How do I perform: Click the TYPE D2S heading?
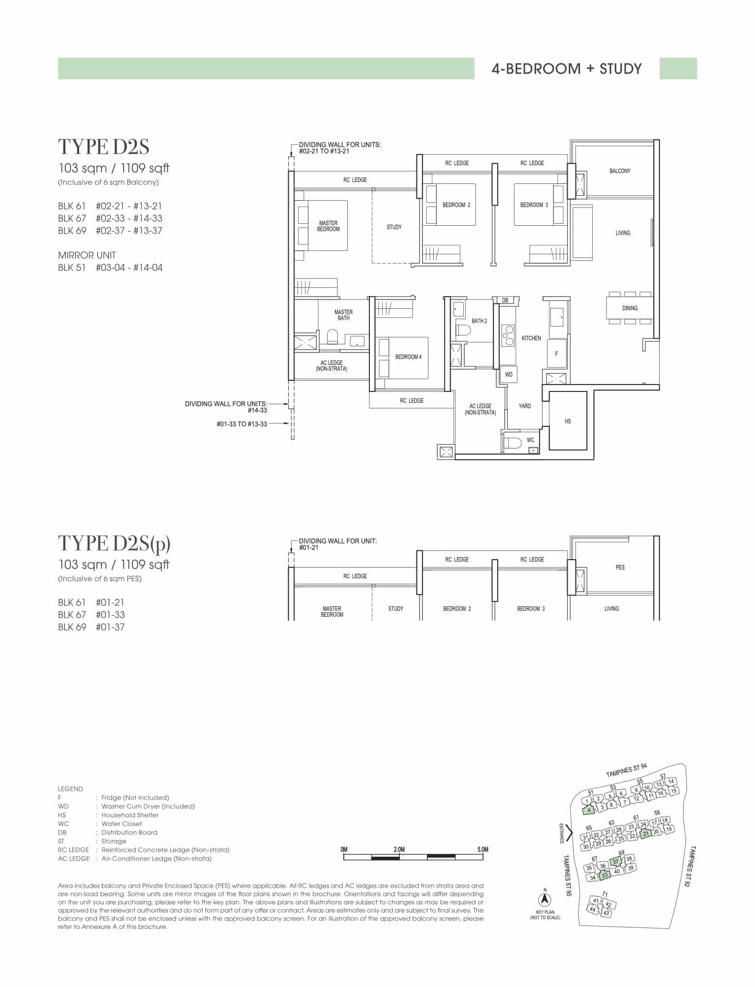click(x=104, y=147)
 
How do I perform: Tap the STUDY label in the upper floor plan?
click(x=394, y=227)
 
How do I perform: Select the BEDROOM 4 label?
click(x=408, y=357)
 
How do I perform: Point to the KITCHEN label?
click(x=531, y=338)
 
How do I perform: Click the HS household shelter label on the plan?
click(x=568, y=421)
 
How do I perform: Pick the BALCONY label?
click(x=620, y=171)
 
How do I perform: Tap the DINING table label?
click(x=630, y=308)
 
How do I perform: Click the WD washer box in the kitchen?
click(x=509, y=374)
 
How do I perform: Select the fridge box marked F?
click(x=557, y=353)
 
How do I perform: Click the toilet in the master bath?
click(x=332, y=337)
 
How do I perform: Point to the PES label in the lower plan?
click(x=620, y=568)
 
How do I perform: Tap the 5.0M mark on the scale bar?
click(x=483, y=849)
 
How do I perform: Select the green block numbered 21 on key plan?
click(x=646, y=833)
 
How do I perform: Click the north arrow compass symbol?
click(x=545, y=899)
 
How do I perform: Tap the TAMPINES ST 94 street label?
click(x=627, y=771)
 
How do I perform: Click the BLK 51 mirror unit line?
click(x=110, y=268)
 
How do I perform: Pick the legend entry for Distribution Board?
click(x=108, y=833)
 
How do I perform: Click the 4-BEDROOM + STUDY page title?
click(x=567, y=69)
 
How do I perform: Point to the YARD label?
click(x=524, y=406)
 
